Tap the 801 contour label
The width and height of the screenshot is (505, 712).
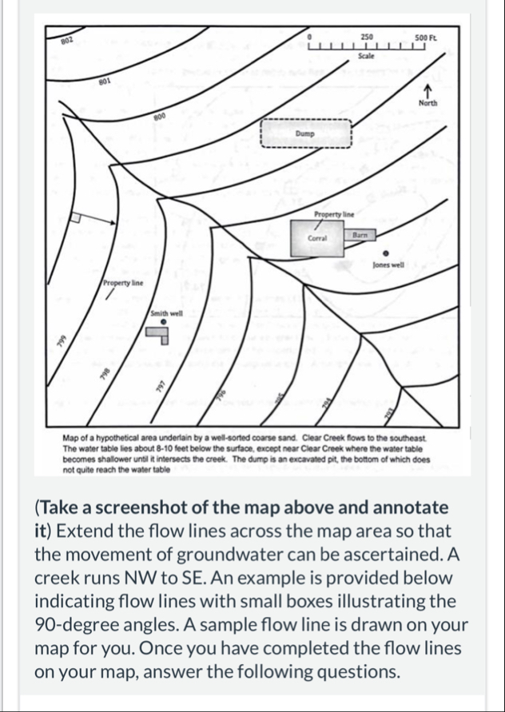tap(104, 82)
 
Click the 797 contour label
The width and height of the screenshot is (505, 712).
tap(160, 386)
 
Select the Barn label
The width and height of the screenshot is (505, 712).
tap(360, 235)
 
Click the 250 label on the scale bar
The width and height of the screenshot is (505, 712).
tap(367, 38)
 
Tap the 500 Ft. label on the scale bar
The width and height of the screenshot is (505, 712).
tap(426, 38)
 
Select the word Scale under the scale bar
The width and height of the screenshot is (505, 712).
tap(367, 56)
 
